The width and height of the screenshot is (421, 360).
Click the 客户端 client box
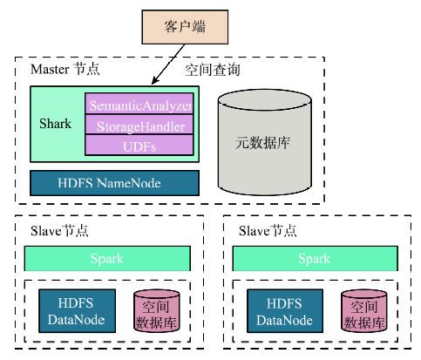click(x=185, y=27)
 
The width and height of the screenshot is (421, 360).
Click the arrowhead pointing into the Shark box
click(x=155, y=80)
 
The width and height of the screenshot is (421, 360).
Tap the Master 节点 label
click(x=65, y=70)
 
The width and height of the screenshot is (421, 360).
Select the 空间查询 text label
click(x=213, y=70)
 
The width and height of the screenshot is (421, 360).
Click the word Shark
click(x=55, y=124)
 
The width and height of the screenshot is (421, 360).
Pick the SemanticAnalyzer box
click(x=139, y=104)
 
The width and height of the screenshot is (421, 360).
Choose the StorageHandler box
click(x=139, y=125)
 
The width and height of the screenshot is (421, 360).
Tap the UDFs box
click(x=139, y=145)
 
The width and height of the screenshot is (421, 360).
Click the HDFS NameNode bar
click(x=114, y=183)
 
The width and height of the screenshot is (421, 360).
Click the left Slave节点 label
click(x=59, y=231)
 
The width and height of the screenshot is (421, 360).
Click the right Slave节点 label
click(x=268, y=231)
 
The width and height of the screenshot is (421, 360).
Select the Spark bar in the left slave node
click(x=107, y=259)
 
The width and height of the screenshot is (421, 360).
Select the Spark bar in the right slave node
click(x=315, y=259)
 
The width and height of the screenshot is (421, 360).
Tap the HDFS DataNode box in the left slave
click(x=77, y=311)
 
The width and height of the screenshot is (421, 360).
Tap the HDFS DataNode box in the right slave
click(x=285, y=311)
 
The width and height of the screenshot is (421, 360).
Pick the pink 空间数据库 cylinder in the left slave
click(x=156, y=311)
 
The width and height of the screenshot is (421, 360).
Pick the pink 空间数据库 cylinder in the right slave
click(x=364, y=311)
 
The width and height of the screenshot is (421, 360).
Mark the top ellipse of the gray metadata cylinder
click(x=265, y=99)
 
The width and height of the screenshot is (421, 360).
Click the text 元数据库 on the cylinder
click(x=262, y=143)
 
